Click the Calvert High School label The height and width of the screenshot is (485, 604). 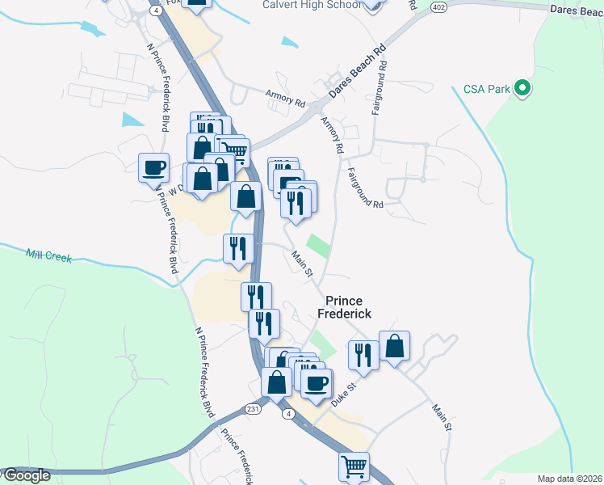[x=311, y=5]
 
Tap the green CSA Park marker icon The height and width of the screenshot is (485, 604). [x=522, y=89]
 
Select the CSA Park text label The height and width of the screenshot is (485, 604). [x=487, y=89]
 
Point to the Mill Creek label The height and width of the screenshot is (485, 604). [x=48, y=256]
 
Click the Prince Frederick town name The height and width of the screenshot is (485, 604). [x=348, y=306]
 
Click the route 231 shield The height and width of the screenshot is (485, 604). [x=254, y=408]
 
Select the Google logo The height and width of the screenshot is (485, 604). [x=26, y=475]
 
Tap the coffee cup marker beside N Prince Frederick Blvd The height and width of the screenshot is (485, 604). [x=153, y=169]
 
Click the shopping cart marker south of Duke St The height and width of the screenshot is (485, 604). [x=354, y=466]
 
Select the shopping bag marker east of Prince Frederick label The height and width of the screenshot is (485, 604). [x=394, y=346]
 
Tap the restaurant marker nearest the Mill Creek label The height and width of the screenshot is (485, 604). [x=237, y=247]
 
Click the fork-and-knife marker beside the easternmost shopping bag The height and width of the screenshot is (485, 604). [x=363, y=355]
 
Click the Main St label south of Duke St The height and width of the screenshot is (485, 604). [x=440, y=418]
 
